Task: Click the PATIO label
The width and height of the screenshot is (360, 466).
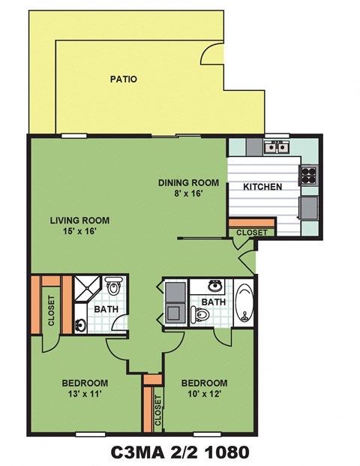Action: point(124,78)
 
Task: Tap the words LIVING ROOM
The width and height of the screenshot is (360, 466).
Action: point(80,221)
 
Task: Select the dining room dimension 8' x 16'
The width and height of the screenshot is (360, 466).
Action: point(187,194)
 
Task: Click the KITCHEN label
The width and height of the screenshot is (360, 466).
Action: point(262,187)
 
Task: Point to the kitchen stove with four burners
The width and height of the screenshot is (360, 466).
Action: point(308,175)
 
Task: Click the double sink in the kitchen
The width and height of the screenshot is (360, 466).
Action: point(278,146)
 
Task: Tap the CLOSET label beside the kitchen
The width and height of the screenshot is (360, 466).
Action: point(250,233)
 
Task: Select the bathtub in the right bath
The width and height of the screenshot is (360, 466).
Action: point(244,302)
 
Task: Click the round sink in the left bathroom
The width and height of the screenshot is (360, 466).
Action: point(80,326)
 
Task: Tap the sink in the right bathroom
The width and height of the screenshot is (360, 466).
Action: point(216,285)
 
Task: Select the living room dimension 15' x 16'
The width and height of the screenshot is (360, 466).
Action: point(80,232)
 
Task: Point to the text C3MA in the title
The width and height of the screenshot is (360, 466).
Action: point(137,452)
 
